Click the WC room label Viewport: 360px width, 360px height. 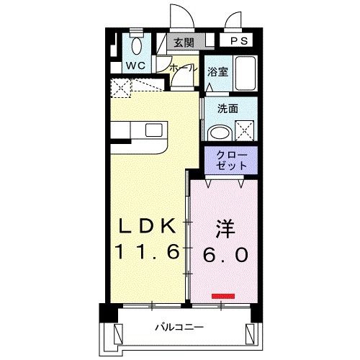point(137,66)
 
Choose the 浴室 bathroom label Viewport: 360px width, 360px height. point(217,72)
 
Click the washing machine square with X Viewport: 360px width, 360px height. point(245,132)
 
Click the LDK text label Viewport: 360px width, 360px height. point(148,227)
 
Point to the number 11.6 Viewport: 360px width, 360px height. point(148,253)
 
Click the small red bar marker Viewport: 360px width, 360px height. point(223,295)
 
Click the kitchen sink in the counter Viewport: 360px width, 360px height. point(155,130)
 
